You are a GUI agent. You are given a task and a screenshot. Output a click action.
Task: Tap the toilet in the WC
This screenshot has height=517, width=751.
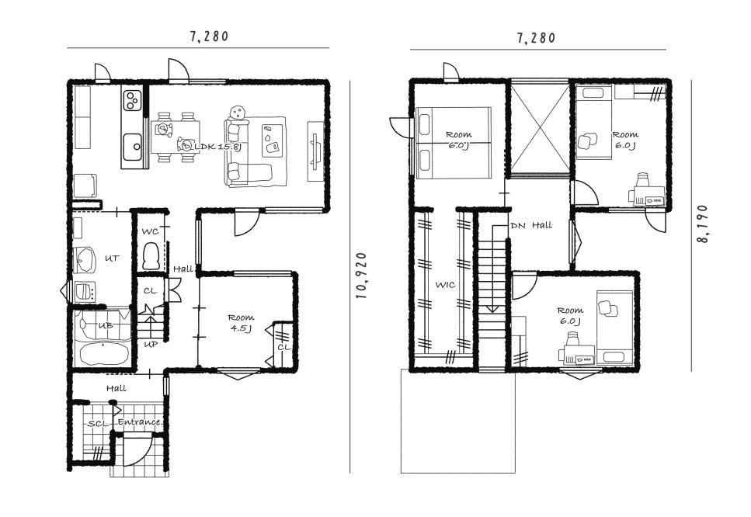[152, 256]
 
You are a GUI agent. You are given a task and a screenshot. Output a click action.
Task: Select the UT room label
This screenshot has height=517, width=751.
[111, 258]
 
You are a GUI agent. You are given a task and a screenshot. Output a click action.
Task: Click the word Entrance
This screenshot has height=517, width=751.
[139, 422]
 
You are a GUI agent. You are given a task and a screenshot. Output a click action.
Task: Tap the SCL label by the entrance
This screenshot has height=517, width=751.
[99, 425]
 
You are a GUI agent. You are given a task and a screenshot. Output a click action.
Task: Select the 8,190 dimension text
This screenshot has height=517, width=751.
[703, 224]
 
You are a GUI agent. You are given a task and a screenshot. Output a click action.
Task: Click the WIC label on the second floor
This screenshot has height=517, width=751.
[445, 285]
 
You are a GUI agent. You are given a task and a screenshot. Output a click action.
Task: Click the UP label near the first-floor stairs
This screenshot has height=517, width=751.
[151, 344]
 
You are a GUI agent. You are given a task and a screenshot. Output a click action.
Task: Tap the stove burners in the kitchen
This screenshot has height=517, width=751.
[132, 100]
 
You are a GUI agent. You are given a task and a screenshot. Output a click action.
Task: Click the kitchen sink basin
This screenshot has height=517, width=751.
[132, 145]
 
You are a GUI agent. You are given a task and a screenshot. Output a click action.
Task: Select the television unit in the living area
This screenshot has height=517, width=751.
[315, 151]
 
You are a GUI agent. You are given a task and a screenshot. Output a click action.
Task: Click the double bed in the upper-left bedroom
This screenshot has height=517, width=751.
[454, 143]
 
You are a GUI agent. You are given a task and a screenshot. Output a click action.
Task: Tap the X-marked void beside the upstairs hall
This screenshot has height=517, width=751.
[540, 127]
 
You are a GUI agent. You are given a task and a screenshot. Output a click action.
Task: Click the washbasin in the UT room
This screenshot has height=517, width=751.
[85, 260]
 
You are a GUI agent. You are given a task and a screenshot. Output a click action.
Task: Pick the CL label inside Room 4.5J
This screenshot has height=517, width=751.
[283, 347]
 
